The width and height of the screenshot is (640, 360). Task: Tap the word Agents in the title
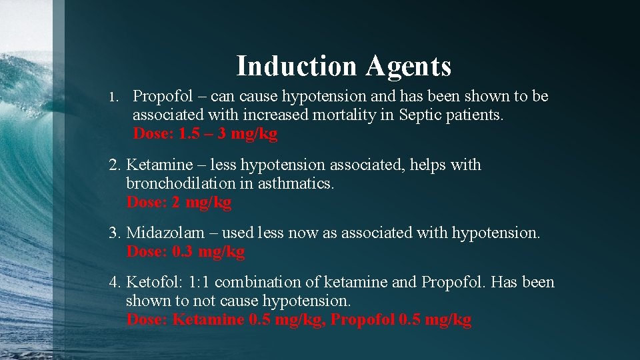[408, 66]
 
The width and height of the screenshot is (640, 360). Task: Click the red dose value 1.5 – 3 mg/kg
[227, 133]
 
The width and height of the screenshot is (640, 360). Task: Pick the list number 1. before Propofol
[114, 97]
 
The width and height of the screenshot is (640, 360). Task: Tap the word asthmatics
[293, 183]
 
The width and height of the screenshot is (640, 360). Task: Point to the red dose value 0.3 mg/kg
[208, 252]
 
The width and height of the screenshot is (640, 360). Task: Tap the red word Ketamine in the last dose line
[207, 319]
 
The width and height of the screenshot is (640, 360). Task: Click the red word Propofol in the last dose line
[361, 319]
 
